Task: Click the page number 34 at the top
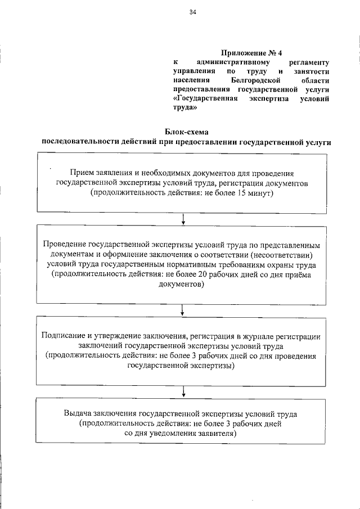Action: [x=192, y=12]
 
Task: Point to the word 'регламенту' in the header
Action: [x=310, y=62]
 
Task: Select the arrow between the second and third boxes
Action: [x=183, y=308]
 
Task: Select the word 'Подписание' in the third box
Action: [x=62, y=336]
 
